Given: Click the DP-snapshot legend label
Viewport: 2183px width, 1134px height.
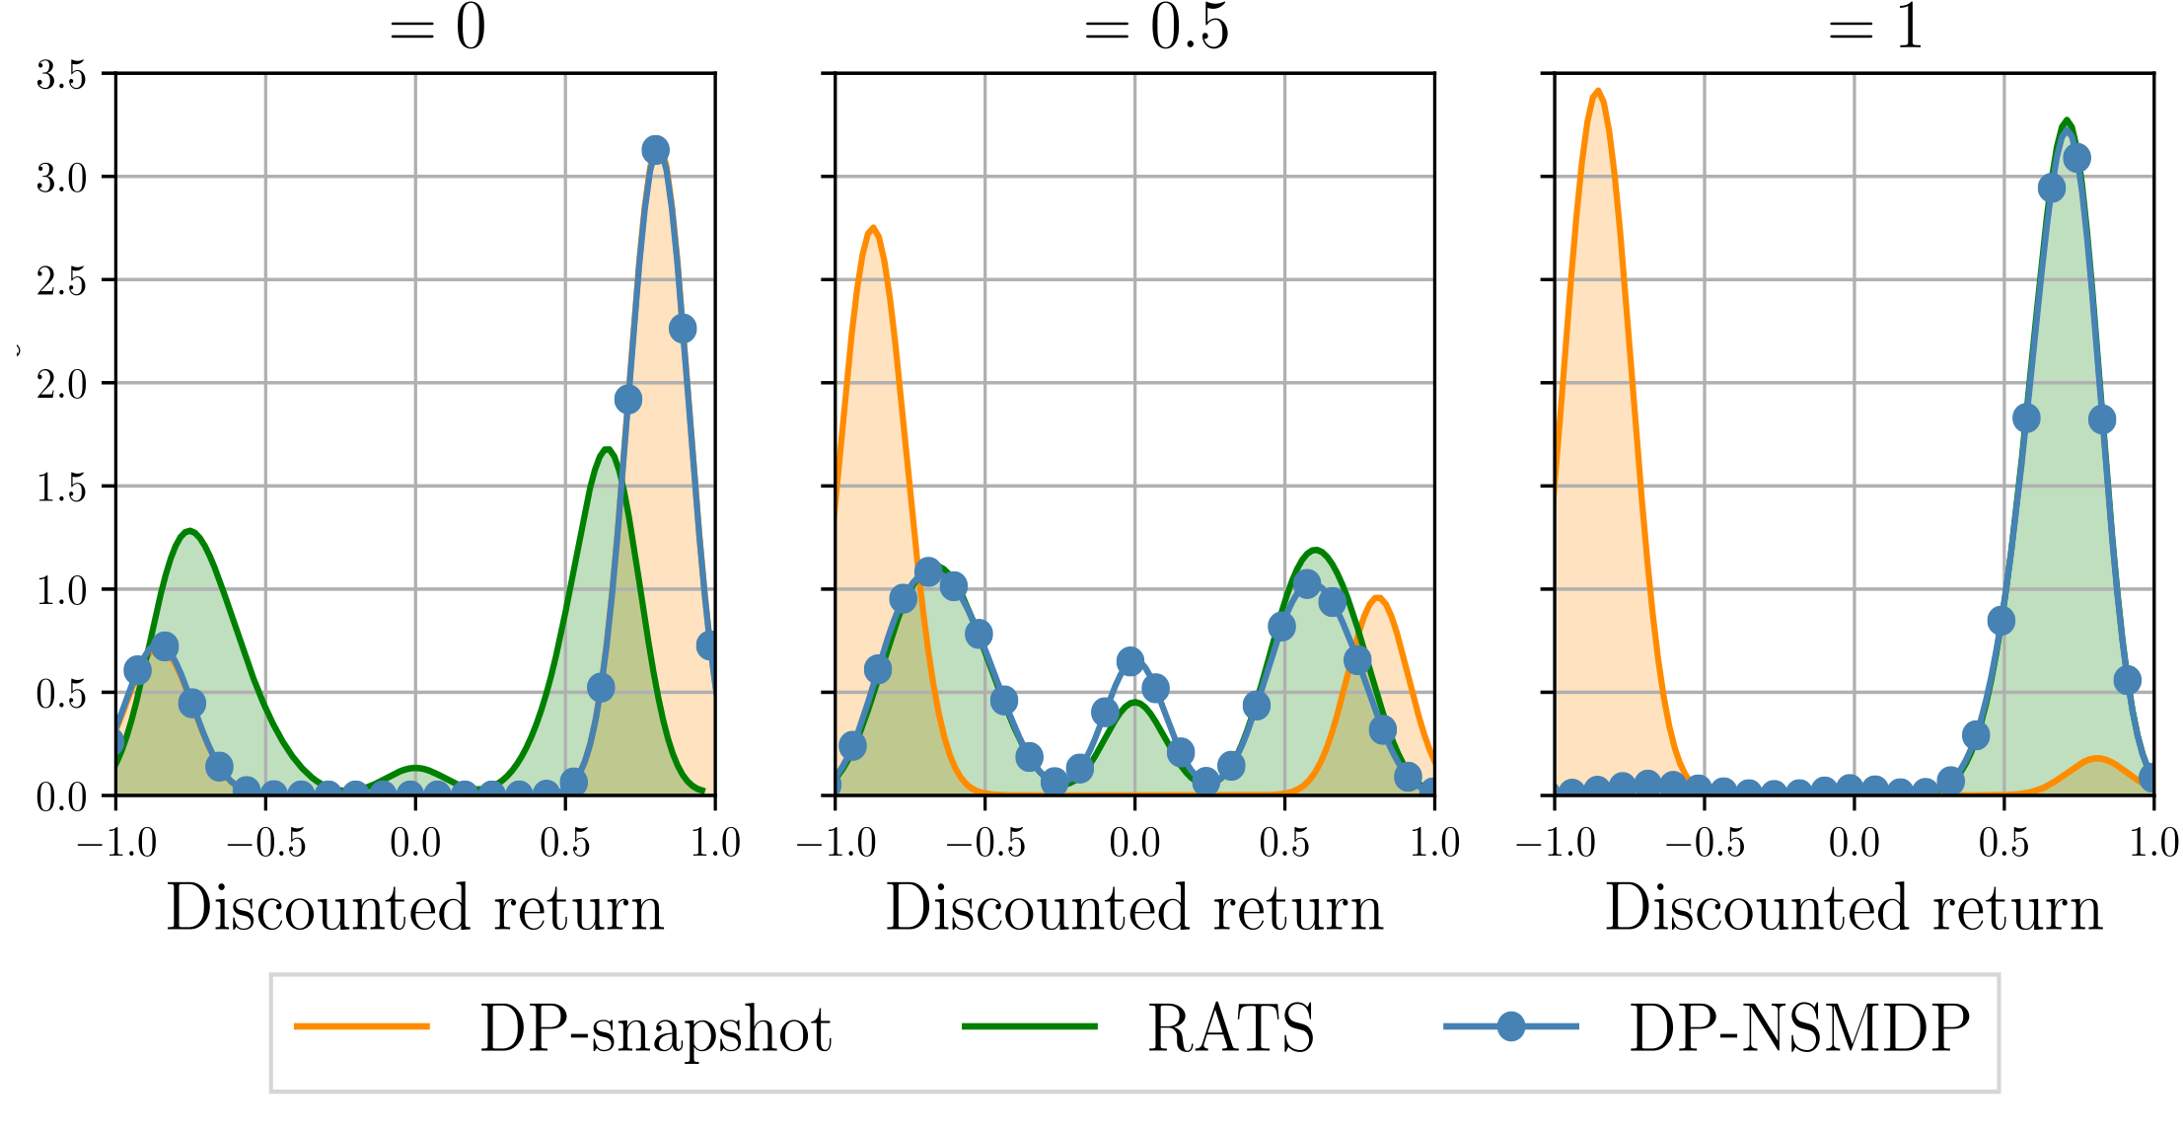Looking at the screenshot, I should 655,1030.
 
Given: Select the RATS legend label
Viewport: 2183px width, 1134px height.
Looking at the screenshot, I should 1230,1028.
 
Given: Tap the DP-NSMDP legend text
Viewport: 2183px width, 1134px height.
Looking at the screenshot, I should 1798,1028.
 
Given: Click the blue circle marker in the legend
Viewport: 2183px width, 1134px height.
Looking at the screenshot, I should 1510,1026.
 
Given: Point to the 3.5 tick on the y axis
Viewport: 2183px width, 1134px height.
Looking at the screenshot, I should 61,75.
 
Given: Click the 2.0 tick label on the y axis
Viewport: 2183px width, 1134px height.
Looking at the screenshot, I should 61,384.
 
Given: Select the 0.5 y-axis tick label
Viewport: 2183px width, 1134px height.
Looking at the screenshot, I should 61,694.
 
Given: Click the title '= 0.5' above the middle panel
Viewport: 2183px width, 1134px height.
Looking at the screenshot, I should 1156,27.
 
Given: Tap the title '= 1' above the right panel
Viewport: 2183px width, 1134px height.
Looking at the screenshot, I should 1874,27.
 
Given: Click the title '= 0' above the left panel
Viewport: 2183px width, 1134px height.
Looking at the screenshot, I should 437,27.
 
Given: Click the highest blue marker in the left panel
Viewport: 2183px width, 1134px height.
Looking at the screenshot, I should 655,150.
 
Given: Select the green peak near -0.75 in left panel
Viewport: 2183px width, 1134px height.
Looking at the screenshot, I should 189,532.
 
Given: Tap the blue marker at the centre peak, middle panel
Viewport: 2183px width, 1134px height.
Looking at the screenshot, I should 1130,661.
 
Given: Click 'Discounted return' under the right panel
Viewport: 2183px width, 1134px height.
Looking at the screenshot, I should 1854,908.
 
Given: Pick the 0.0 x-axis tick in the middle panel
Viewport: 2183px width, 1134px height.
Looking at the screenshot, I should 1134,843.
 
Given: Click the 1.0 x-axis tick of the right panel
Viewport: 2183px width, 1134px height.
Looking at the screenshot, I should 2153,843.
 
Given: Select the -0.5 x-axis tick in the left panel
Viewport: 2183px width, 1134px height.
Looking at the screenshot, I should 265,843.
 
